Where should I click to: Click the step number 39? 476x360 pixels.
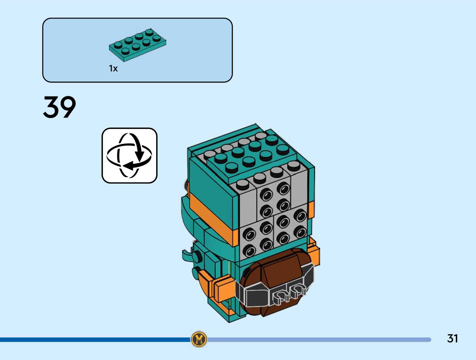tap(59, 107)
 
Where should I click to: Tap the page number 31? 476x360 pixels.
tap(452, 338)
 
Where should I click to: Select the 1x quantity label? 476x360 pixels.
tap(113, 69)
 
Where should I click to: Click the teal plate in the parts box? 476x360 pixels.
tap(137, 45)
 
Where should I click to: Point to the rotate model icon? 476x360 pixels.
tap(129, 155)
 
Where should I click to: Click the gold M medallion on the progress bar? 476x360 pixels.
tap(199, 339)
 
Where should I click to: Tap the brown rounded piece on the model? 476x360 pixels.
tap(278, 269)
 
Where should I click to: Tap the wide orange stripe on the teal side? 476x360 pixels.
tap(212, 218)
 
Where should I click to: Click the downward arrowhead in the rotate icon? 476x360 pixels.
tap(139, 156)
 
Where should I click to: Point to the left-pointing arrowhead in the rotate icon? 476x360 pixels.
tap(128, 166)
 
